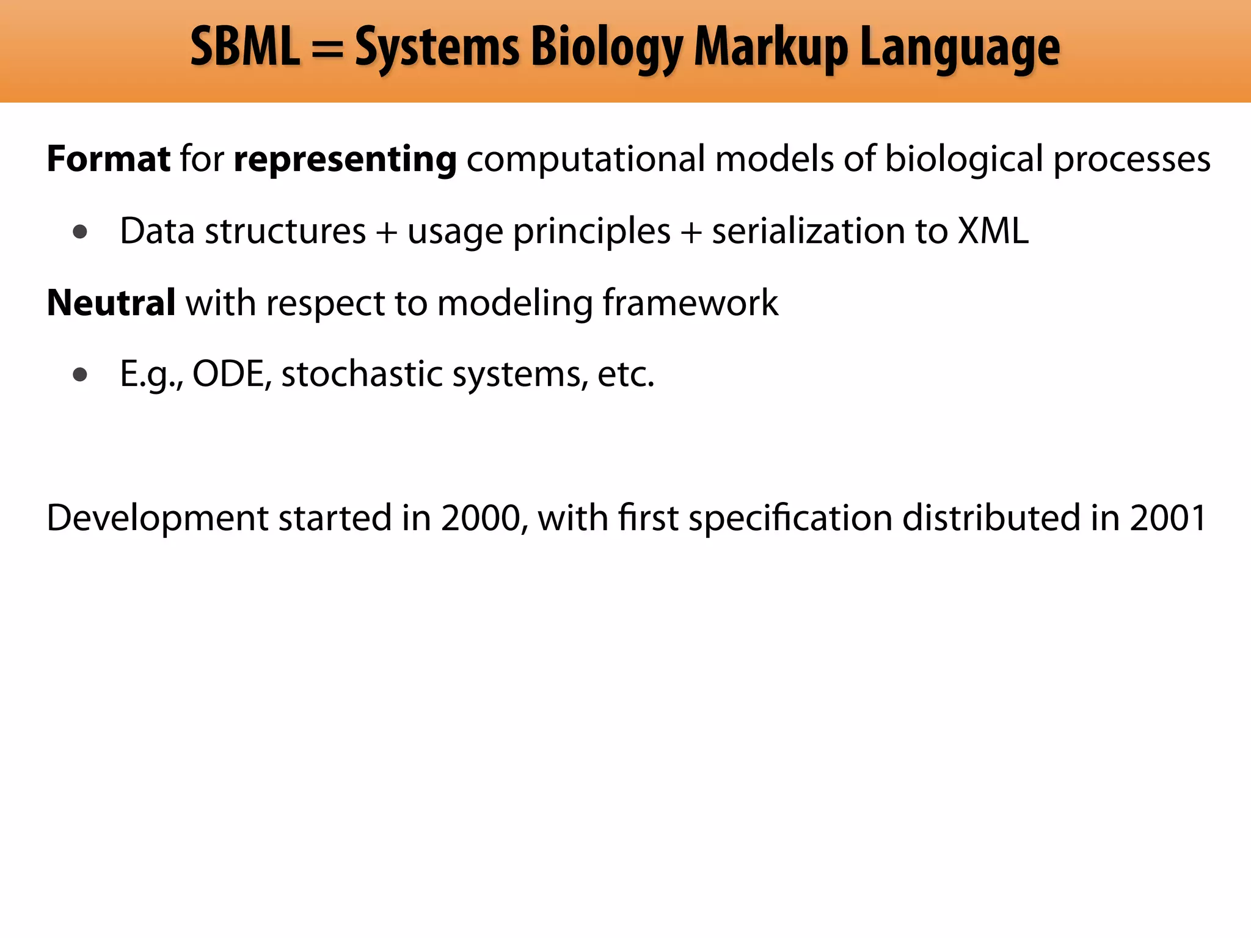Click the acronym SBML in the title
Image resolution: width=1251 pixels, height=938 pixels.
coord(245,47)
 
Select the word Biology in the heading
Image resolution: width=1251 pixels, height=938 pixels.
coord(607,49)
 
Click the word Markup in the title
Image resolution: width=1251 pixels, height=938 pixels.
coord(771,49)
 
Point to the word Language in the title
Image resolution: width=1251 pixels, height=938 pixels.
coord(960,49)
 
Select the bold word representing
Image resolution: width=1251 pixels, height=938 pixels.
coord(345,160)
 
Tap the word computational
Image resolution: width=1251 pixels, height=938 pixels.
coord(586,160)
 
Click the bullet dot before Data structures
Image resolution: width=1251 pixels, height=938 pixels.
coord(80,231)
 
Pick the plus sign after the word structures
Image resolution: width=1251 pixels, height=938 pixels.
coord(386,233)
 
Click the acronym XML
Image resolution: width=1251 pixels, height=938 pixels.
coord(993,231)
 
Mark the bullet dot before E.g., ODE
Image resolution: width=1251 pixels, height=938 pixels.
coord(80,374)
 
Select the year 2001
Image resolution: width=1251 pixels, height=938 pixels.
coord(1168,518)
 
